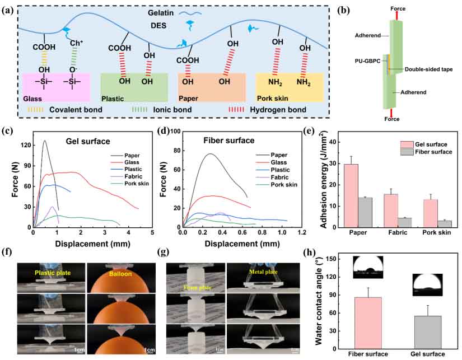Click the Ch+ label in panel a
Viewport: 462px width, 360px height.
click(x=76, y=44)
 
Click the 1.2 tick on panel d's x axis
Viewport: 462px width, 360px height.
click(x=301, y=232)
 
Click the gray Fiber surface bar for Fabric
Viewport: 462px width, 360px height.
click(x=404, y=222)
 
